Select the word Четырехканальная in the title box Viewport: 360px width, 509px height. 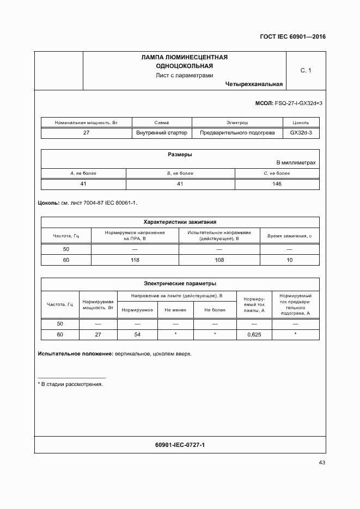pyautogui.click(x=253, y=84)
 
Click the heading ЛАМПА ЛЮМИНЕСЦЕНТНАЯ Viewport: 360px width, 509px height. pyautogui.click(x=184, y=57)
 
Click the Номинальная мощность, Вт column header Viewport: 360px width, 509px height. pyautogui.click(x=86, y=122)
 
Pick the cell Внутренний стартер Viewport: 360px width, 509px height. pyautogui.click(x=162, y=133)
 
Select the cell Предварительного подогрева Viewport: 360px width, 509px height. pyautogui.click(x=237, y=133)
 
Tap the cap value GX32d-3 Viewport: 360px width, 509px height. pyautogui.click(x=301, y=133)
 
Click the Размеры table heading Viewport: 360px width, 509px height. pyautogui.click(x=180, y=154)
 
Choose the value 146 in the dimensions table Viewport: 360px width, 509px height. pyautogui.click(x=277, y=184)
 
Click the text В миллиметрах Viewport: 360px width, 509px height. pyautogui.click(x=296, y=163)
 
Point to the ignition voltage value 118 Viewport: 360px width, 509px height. pyautogui.click(x=135, y=260)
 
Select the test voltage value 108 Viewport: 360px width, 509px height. pyautogui.click(x=219, y=260)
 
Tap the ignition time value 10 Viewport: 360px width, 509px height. pyautogui.click(x=289, y=260)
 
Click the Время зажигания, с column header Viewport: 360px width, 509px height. pyautogui.click(x=289, y=236)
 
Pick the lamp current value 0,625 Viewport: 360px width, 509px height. pyautogui.click(x=254, y=335)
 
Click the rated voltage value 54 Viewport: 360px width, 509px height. pyautogui.click(x=137, y=334)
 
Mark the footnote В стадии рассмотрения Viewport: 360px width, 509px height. pyautogui.click(x=70, y=384)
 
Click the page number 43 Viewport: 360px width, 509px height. pyautogui.click(x=322, y=463)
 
